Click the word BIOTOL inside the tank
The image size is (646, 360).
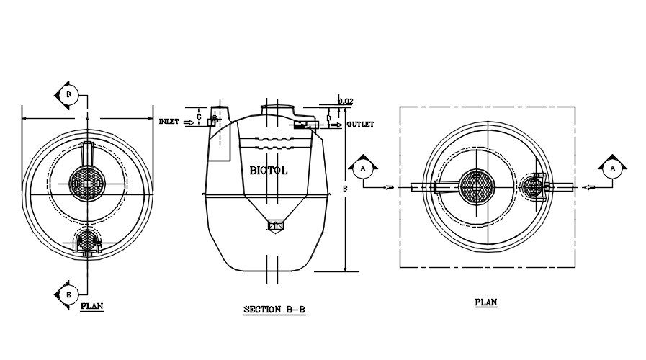tap(269, 171)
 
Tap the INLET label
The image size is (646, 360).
tap(169, 122)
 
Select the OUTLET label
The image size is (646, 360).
tap(360, 125)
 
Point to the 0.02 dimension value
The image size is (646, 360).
tap(346, 102)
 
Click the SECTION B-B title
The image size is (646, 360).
tap(274, 310)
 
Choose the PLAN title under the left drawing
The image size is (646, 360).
tap(91, 306)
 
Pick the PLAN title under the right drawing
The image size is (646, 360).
tap(486, 302)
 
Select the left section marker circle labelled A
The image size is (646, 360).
tap(363, 168)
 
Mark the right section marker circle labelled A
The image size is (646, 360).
tap(612, 168)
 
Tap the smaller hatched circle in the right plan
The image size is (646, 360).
tap(534, 186)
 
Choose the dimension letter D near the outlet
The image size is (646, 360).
tap(328, 115)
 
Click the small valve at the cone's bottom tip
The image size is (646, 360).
tap(274, 227)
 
